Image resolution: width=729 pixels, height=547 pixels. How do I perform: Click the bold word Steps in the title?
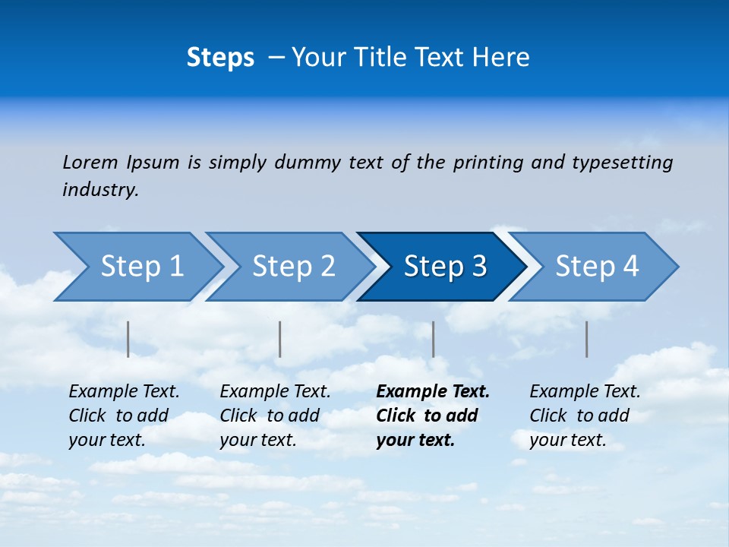pos(220,58)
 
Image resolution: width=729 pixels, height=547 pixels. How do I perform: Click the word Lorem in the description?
pos(90,162)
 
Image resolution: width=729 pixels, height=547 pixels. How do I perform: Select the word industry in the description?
pos(100,190)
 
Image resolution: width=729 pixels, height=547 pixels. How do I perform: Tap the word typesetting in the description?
pos(622,162)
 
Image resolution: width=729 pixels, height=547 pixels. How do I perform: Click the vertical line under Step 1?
pos(128,339)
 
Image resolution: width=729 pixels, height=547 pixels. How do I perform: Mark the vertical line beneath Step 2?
pos(280,339)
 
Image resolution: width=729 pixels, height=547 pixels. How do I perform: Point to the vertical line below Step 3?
pos(433,339)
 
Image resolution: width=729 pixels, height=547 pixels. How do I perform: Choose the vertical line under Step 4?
pos(586,339)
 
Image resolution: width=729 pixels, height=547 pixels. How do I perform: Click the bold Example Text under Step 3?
pos(433,392)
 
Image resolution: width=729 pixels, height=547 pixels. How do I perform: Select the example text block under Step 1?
pos(124,416)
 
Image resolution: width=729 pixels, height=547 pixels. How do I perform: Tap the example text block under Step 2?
pos(275,416)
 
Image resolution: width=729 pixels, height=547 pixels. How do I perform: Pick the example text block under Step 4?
pos(585,416)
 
